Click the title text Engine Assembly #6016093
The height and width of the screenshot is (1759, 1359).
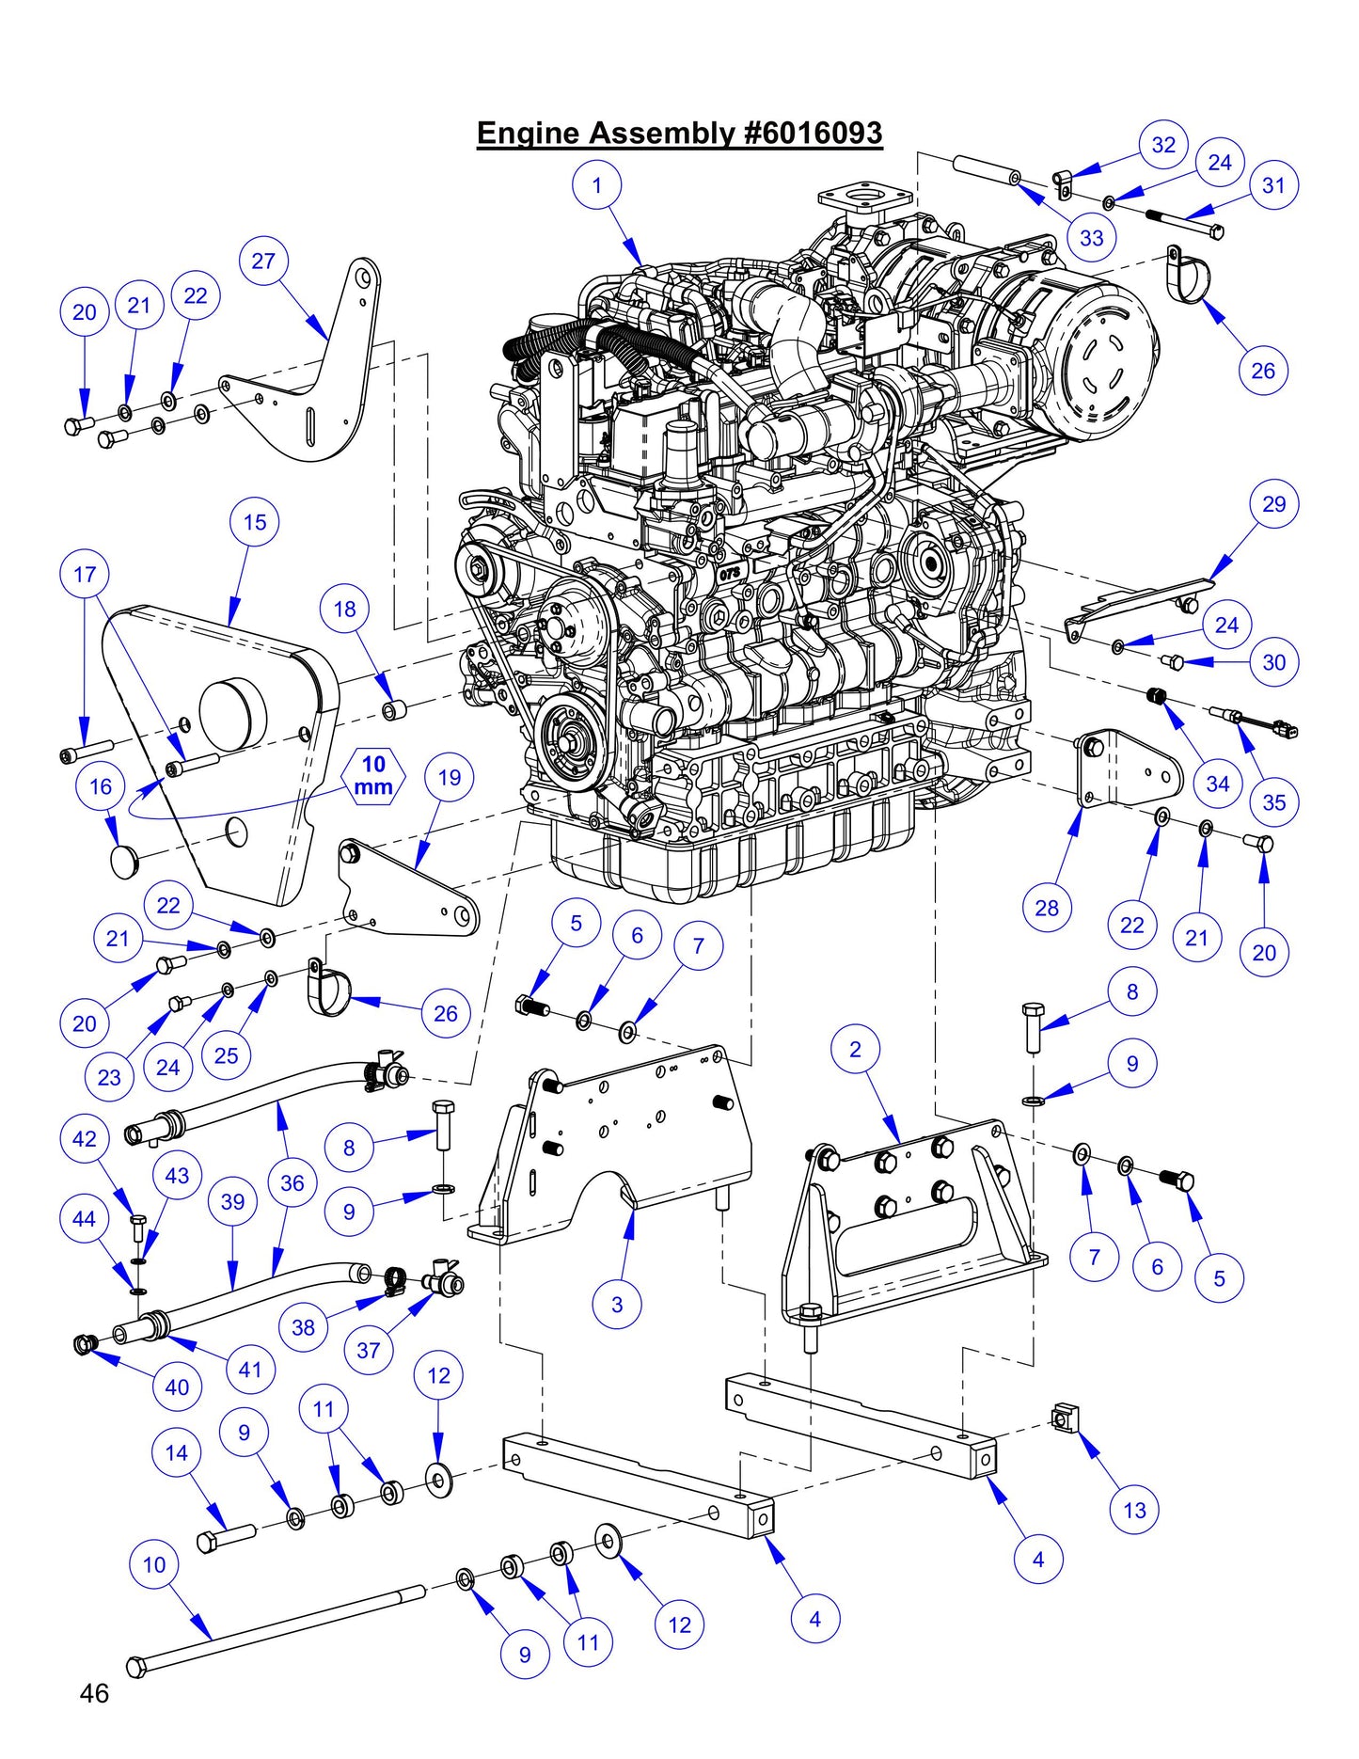pyautogui.click(x=679, y=133)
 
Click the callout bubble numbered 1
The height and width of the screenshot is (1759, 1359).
pyautogui.click(x=597, y=185)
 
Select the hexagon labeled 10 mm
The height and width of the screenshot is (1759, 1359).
pyautogui.click(x=373, y=776)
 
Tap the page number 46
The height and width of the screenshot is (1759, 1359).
pyautogui.click(x=94, y=1693)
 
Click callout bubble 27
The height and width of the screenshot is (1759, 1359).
pyautogui.click(x=263, y=261)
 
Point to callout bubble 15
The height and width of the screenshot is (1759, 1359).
pyautogui.click(x=255, y=522)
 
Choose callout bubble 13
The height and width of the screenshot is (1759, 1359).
pyautogui.click(x=1134, y=1510)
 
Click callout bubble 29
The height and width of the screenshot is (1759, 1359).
pyautogui.click(x=1273, y=503)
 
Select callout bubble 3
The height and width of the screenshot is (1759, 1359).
pyautogui.click(x=617, y=1304)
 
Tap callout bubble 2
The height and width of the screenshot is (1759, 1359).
pyautogui.click(x=855, y=1049)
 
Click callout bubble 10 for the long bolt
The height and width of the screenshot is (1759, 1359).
pyautogui.click(x=154, y=1564)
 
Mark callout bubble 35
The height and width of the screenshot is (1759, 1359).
pyautogui.click(x=1273, y=802)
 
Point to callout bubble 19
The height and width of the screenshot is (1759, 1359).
pyautogui.click(x=450, y=777)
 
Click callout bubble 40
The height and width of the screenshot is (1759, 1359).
pyautogui.click(x=177, y=1387)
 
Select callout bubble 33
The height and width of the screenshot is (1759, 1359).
pyautogui.click(x=1091, y=237)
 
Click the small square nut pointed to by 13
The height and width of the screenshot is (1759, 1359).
pyautogui.click(x=1063, y=1417)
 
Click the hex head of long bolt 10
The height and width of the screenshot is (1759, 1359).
pyautogui.click(x=136, y=1666)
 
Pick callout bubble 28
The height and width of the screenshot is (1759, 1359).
pyautogui.click(x=1047, y=908)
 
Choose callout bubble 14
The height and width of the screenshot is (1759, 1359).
pyautogui.click(x=177, y=1452)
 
